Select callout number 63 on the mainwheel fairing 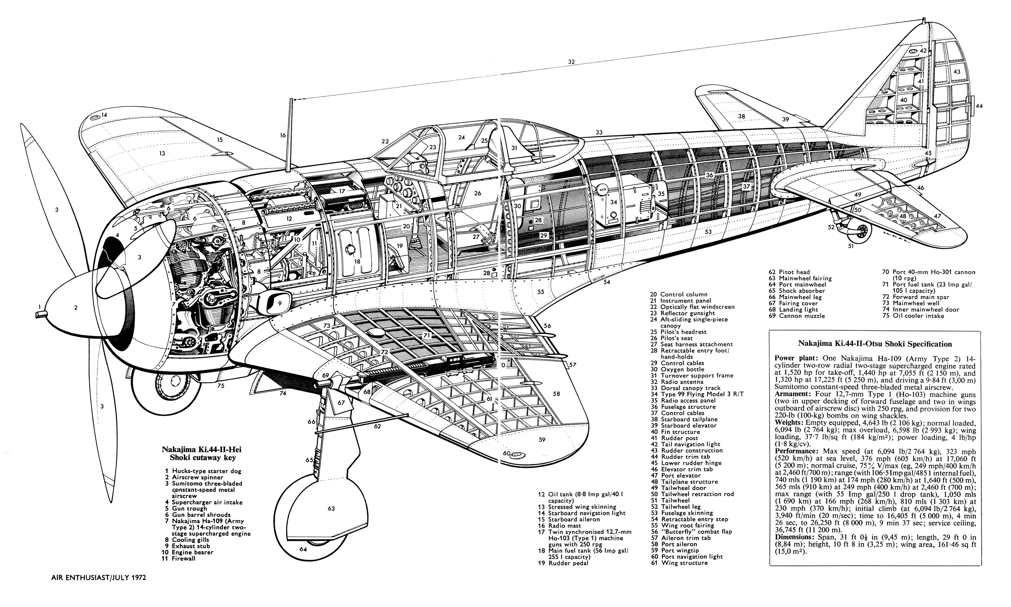331,508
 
